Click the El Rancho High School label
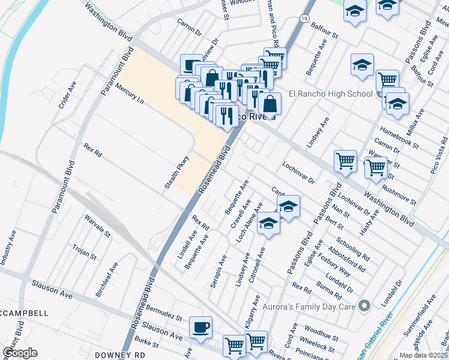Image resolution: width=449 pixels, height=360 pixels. (331, 94)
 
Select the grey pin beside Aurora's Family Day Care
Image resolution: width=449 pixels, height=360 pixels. (363, 307)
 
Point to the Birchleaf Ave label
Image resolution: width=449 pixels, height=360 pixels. (107, 281)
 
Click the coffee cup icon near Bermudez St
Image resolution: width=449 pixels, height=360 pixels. (200, 327)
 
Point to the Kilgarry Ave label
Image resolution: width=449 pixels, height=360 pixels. (253, 311)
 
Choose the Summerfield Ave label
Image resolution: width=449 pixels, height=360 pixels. (431, 319)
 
